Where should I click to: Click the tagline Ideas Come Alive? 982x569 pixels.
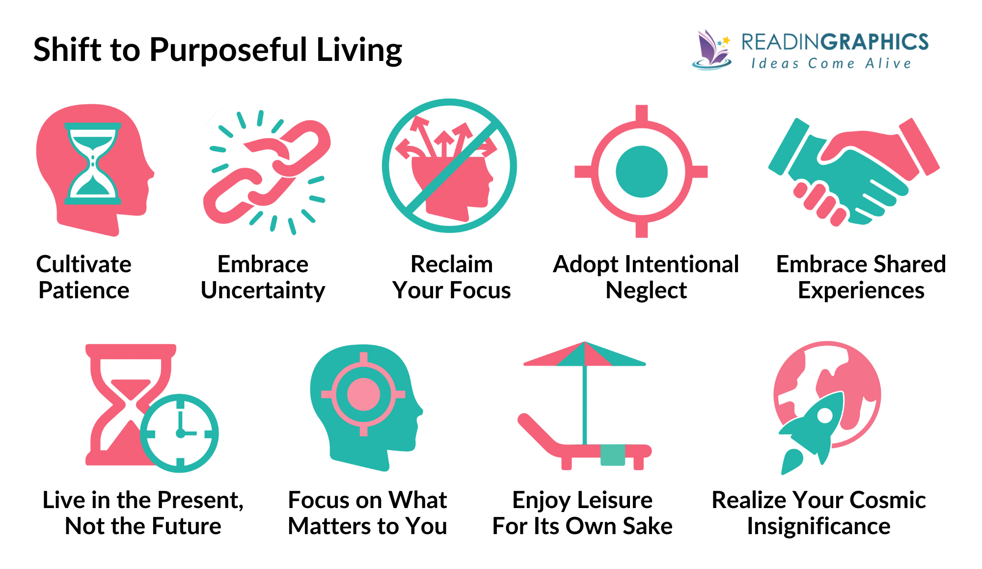[831, 63]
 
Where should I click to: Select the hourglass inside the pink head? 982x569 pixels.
[93, 163]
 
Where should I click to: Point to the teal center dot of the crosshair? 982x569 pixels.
[641, 171]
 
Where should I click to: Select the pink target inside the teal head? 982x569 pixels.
[363, 394]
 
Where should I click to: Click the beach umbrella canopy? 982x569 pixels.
[584, 355]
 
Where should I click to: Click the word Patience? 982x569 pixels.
[84, 290]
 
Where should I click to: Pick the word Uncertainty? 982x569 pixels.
[263, 290]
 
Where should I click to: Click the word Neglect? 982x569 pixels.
[646, 290]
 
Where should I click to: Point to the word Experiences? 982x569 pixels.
[861, 290]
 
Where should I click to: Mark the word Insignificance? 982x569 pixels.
[818, 526]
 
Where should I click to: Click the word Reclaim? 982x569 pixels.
[451, 264]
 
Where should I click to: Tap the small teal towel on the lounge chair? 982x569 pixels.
[613, 455]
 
